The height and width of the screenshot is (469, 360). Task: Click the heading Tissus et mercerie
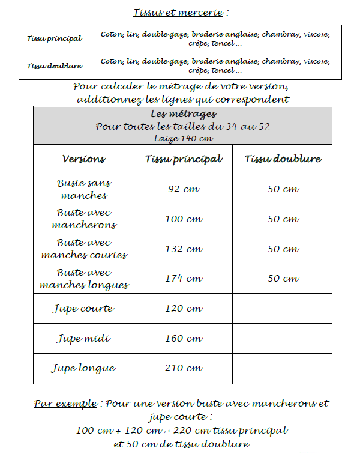(x=179, y=12)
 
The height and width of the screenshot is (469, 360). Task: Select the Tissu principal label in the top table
(x=55, y=38)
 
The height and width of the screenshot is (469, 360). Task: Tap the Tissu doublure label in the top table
(x=55, y=65)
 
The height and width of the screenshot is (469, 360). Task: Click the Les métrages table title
(x=182, y=114)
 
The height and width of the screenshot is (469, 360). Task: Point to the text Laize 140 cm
(x=182, y=138)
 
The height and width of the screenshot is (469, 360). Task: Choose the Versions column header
(x=83, y=159)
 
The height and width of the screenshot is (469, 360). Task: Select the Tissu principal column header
(x=183, y=159)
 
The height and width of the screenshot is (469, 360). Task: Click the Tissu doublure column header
(x=283, y=159)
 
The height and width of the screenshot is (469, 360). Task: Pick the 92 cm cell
(x=183, y=189)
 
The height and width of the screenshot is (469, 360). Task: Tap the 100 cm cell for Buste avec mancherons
(x=183, y=219)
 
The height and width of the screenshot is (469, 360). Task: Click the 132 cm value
(x=183, y=249)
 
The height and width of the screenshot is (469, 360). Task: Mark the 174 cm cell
(x=183, y=279)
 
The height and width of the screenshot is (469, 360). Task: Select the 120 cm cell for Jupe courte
(x=183, y=309)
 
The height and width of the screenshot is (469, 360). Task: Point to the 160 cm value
(x=183, y=338)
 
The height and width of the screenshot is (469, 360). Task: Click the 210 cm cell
(x=183, y=368)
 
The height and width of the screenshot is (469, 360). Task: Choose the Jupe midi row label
(x=83, y=338)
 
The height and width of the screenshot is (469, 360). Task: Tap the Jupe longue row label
(x=83, y=368)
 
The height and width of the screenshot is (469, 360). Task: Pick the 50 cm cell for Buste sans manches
(x=283, y=189)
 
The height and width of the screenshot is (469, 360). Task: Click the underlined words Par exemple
(x=64, y=404)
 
